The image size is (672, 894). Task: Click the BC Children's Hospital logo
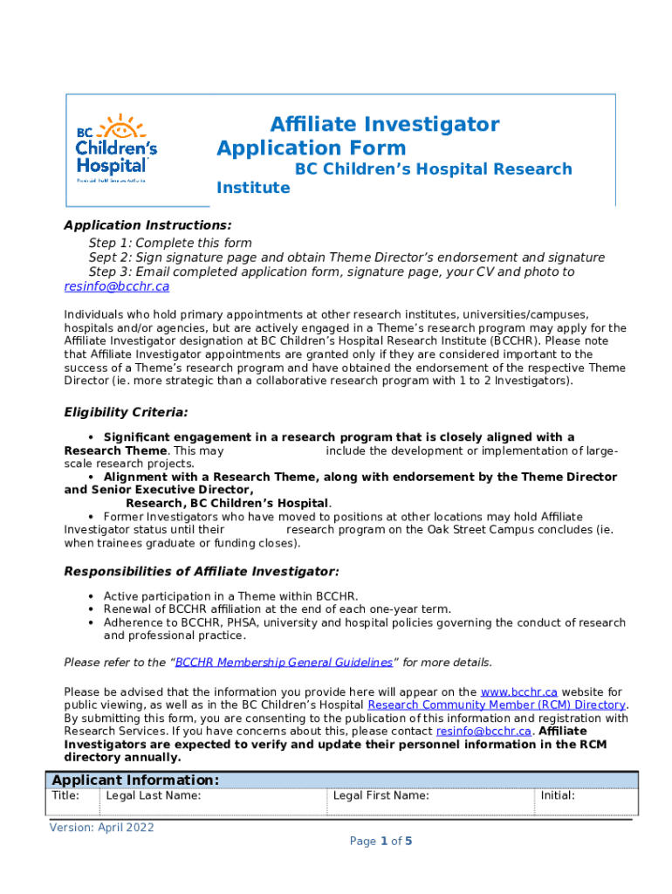[x=116, y=148]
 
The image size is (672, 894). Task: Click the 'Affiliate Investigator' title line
[x=384, y=125]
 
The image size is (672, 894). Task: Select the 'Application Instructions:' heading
[x=147, y=225]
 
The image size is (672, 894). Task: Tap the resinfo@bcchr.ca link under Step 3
[x=116, y=286]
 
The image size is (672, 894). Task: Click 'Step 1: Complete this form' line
[x=170, y=243]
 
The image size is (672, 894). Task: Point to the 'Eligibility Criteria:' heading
[x=126, y=412]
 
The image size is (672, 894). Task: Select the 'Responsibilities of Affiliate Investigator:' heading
[x=202, y=572]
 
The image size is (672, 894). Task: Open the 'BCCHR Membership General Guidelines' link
[x=284, y=663]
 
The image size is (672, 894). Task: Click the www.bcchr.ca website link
[x=518, y=692]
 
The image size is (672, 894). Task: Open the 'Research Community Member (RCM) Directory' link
[x=496, y=705]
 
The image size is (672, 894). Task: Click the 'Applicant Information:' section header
[x=135, y=781]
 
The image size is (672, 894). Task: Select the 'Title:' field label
[x=66, y=796]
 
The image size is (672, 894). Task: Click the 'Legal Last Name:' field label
[x=153, y=796]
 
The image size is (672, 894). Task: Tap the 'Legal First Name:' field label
[x=381, y=796]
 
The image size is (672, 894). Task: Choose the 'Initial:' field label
[x=557, y=796]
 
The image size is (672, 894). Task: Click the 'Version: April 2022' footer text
[x=101, y=828]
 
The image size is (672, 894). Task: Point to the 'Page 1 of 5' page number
[x=381, y=842]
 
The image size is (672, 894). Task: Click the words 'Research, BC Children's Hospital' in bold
[x=228, y=504]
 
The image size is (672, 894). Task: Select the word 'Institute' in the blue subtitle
[x=253, y=189]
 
